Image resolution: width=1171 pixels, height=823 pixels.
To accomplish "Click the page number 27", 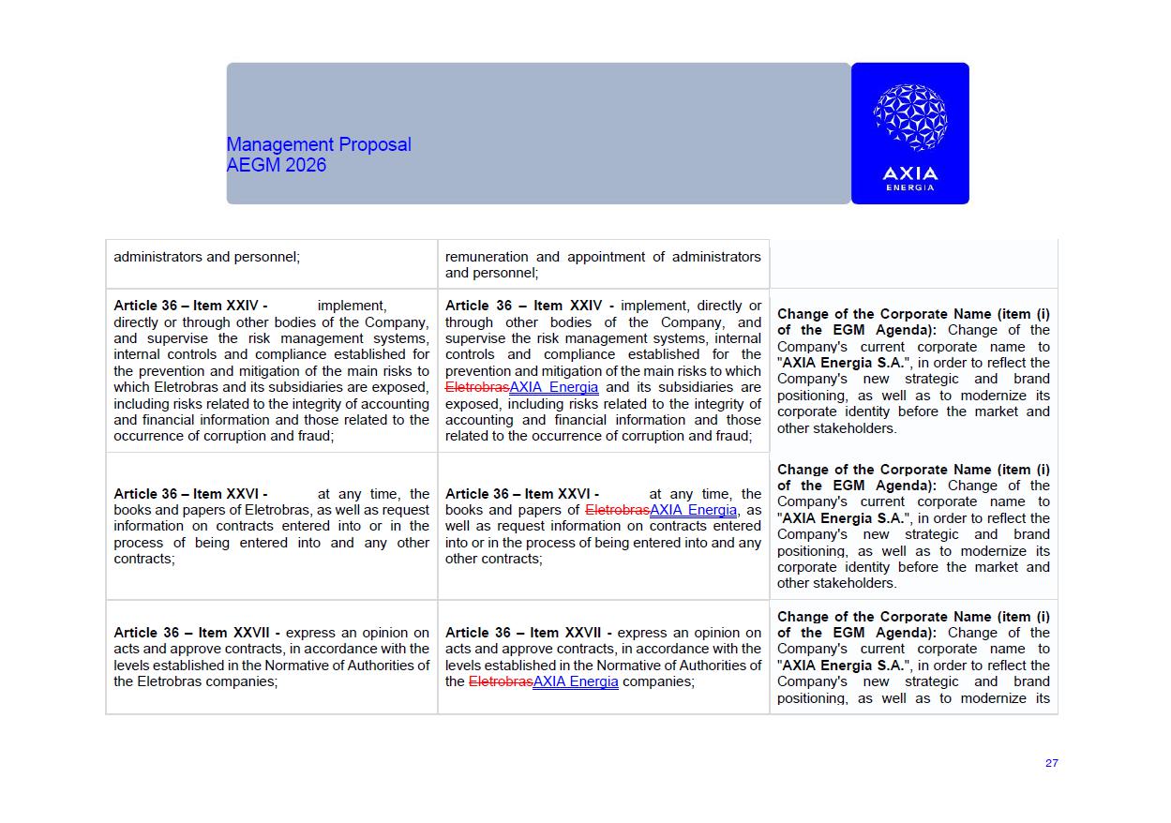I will (x=1051, y=763).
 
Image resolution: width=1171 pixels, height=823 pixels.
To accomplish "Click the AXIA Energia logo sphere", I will (x=909, y=117).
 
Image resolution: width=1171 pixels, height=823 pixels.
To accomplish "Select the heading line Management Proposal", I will (x=319, y=144).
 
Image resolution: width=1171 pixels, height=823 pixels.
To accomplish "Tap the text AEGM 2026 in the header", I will (x=277, y=165).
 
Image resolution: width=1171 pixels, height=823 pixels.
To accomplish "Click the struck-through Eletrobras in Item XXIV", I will (x=476, y=387).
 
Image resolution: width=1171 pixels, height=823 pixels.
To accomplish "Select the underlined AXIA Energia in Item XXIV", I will (x=554, y=387).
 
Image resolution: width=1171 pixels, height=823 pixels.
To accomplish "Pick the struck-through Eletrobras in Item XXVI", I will (x=617, y=510).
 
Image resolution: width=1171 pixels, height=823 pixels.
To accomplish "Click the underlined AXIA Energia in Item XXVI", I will (x=693, y=510).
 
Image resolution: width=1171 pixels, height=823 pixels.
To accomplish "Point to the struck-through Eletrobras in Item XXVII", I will (x=501, y=681).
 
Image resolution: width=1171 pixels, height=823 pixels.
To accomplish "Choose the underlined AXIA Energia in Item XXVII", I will (x=576, y=681).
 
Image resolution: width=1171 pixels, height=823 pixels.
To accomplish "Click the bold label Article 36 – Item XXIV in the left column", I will (x=190, y=306).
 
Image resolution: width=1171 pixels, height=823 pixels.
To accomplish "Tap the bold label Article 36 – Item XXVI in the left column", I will (x=190, y=494).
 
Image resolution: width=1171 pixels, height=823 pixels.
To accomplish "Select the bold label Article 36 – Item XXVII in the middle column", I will (x=528, y=633).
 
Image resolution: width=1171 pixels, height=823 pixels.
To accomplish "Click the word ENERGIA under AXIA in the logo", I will (x=909, y=187).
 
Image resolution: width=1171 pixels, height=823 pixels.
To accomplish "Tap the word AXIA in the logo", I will (x=909, y=172).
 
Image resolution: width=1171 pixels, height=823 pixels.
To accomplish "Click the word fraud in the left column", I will (x=314, y=436).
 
